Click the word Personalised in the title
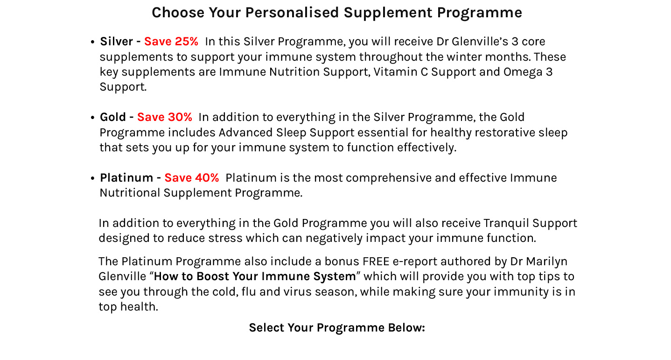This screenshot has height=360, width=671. coord(292,13)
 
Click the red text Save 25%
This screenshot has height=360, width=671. coord(171,42)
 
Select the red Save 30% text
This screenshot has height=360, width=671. coord(164,117)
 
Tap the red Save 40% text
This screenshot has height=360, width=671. coord(191,178)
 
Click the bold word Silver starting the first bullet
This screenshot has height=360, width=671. coord(116,42)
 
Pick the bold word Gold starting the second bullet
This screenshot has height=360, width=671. coord(112,117)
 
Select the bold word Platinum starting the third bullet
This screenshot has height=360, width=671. coord(126,178)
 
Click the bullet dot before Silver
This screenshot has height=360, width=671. coord(92,42)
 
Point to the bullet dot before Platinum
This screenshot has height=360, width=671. coord(92,179)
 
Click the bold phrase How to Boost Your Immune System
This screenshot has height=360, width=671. coord(255,276)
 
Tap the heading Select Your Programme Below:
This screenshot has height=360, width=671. coord(337,328)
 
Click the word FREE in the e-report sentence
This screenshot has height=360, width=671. coord(376,261)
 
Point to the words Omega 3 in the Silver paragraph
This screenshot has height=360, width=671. coord(528,72)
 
